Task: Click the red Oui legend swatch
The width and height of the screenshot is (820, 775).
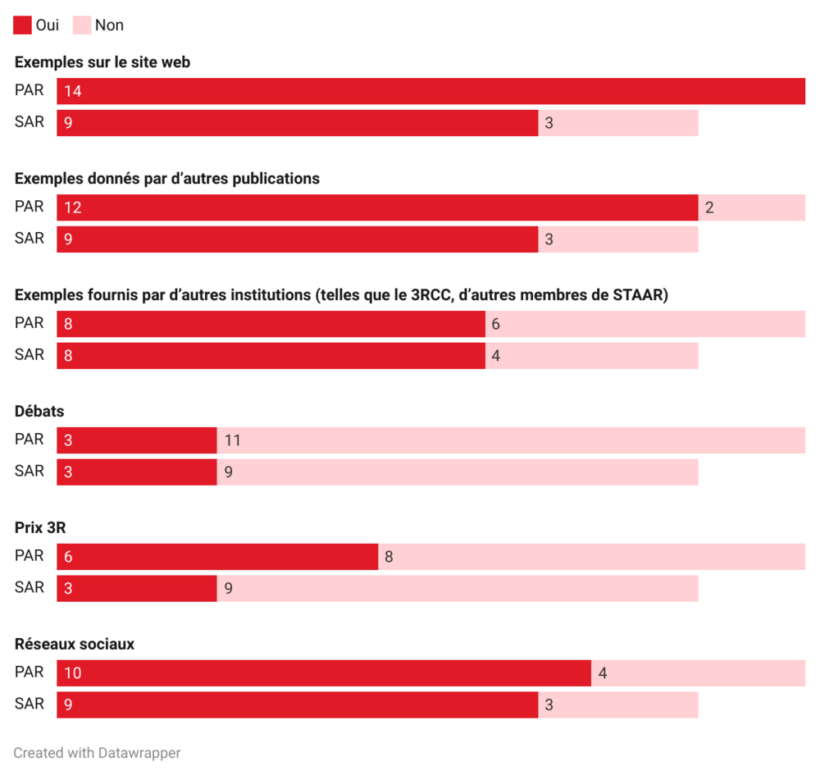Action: tap(22, 25)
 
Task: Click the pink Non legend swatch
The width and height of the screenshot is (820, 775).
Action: tap(81, 25)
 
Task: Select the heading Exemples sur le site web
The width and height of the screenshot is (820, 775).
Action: tap(102, 62)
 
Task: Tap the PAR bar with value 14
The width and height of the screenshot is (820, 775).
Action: tap(430, 91)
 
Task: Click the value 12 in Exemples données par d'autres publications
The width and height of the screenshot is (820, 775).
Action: tap(72, 207)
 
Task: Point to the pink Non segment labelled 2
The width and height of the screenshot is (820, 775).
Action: tap(751, 207)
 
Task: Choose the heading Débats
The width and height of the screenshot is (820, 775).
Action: tap(39, 412)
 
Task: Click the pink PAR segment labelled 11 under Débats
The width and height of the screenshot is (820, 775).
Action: tap(511, 440)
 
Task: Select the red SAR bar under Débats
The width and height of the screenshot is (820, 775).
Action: tap(136, 472)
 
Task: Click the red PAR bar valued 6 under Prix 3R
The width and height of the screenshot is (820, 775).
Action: tap(217, 557)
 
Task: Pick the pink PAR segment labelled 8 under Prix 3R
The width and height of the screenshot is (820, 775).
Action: tap(591, 557)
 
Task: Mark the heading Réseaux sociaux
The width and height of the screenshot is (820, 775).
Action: tap(75, 645)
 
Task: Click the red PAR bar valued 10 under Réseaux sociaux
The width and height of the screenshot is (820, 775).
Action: tap(324, 673)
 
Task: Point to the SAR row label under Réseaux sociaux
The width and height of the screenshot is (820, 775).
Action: tap(30, 704)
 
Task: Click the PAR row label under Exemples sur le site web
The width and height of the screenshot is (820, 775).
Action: tap(30, 90)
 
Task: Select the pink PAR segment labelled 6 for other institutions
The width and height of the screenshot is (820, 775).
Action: tap(645, 324)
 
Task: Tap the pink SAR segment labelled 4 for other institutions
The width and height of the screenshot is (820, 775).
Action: tap(591, 356)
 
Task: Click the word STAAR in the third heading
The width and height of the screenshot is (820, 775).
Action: tap(638, 295)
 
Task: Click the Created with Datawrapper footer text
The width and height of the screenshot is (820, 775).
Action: tap(97, 753)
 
